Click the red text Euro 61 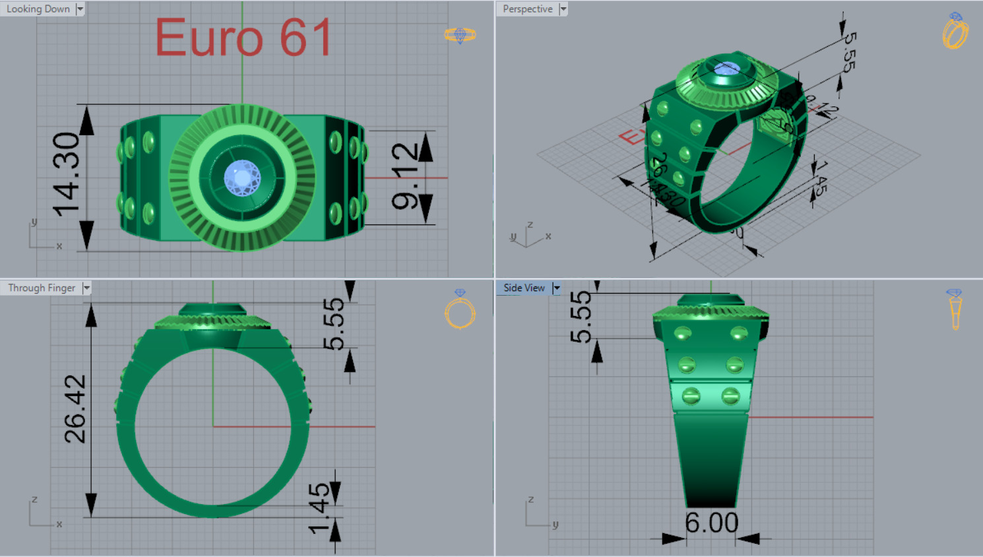[243, 38]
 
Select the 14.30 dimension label [67, 175]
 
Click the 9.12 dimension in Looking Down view [404, 177]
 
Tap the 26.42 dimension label [75, 409]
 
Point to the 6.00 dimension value [711, 523]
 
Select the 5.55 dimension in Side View [581, 317]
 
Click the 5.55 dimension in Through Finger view [334, 323]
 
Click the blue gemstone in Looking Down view [242, 178]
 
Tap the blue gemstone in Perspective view [726, 69]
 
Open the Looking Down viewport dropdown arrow [80, 9]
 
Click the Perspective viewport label [527, 9]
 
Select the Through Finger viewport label [42, 288]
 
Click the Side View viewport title [524, 288]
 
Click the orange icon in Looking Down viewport [460, 35]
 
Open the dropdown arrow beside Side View [556, 288]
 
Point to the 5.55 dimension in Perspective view [849, 51]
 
